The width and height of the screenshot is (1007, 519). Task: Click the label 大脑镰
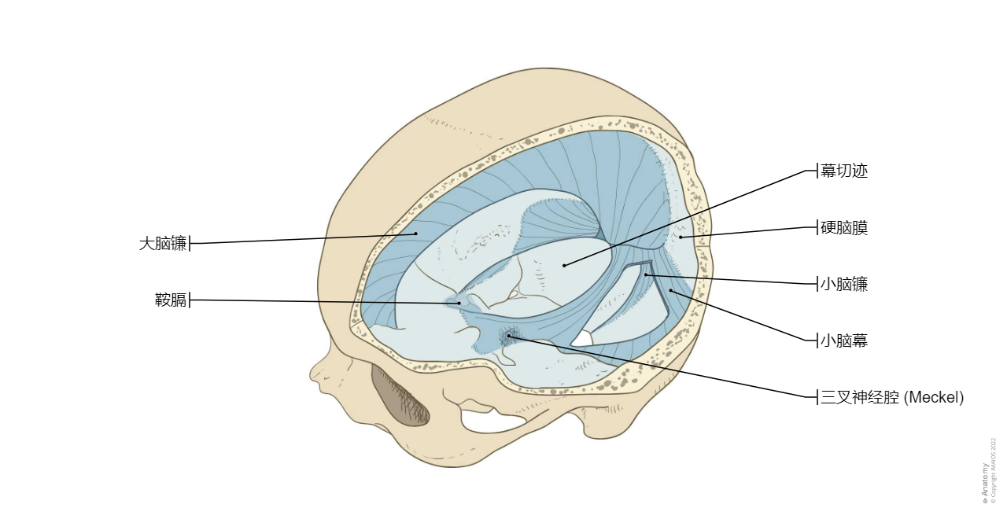163,244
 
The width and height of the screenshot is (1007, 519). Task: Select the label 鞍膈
171,300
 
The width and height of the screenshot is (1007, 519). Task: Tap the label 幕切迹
844,171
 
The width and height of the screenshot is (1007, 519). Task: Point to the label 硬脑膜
844,227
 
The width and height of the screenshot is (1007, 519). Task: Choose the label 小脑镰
844,284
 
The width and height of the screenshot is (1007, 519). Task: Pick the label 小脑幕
844,340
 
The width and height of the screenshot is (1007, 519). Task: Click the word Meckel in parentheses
933,397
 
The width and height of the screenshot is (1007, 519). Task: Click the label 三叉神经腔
860,397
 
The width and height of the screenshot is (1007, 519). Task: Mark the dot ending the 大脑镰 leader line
416,234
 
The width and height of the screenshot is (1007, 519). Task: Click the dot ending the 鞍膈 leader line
459,303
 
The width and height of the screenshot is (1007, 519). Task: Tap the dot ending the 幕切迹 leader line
564,266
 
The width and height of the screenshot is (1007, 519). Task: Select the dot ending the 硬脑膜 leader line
681,237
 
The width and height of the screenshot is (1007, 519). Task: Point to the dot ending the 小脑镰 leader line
646,274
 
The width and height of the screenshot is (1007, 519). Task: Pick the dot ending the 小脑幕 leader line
670,290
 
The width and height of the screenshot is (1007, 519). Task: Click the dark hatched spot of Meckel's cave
509,336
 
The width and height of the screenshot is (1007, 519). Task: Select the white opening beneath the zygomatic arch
492,421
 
